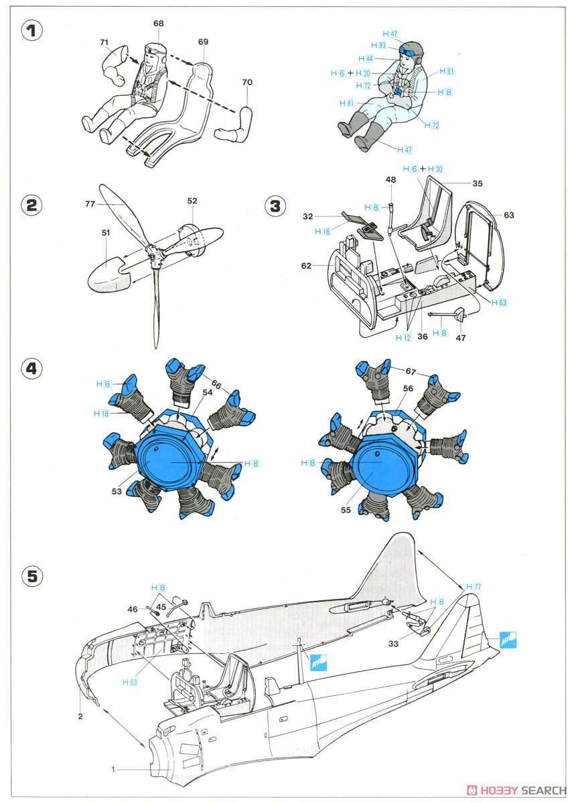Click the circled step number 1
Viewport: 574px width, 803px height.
pyautogui.click(x=32, y=31)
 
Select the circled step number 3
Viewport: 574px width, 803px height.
pyautogui.click(x=275, y=206)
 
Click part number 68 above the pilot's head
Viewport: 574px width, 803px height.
pyautogui.click(x=158, y=23)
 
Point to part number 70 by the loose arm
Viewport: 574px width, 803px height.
pyautogui.click(x=247, y=82)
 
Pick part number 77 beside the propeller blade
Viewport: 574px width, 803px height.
pyautogui.click(x=90, y=204)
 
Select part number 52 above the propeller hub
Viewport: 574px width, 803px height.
pyautogui.click(x=192, y=201)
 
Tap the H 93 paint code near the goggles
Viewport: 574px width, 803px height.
pyautogui.click(x=378, y=46)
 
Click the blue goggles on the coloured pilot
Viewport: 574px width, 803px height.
pyautogui.click(x=409, y=52)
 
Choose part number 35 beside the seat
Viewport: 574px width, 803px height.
pyautogui.click(x=477, y=183)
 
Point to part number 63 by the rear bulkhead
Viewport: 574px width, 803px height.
pyautogui.click(x=509, y=215)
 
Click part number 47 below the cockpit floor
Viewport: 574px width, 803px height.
pyautogui.click(x=461, y=338)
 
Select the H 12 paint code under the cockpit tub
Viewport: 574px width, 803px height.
pyautogui.click(x=403, y=338)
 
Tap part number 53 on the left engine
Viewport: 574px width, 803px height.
pyautogui.click(x=117, y=491)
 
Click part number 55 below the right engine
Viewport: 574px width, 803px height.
pyautogui.click(x=346, y=510)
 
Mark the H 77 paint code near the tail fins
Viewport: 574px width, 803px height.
pyautogui.click(x=474, y=586)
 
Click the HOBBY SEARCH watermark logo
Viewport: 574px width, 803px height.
pyautogui.click(x=516, y=790)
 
